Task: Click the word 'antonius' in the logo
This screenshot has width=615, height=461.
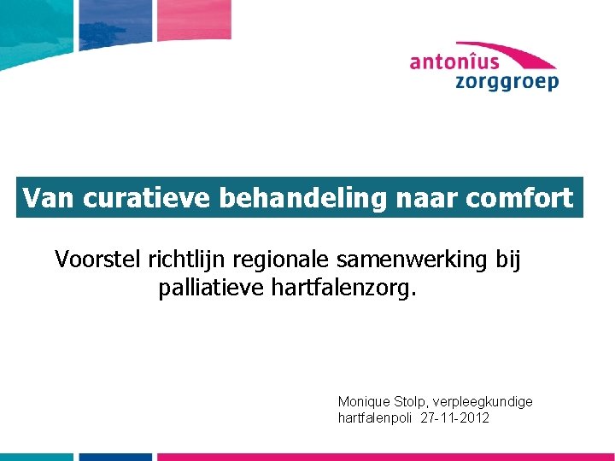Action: tap(454, 61)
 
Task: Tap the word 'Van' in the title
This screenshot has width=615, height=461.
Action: tap(50, 198)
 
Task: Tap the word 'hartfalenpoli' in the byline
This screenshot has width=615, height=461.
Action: tap(376, 418)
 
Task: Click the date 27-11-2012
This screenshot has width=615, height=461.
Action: tap(456, 418)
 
